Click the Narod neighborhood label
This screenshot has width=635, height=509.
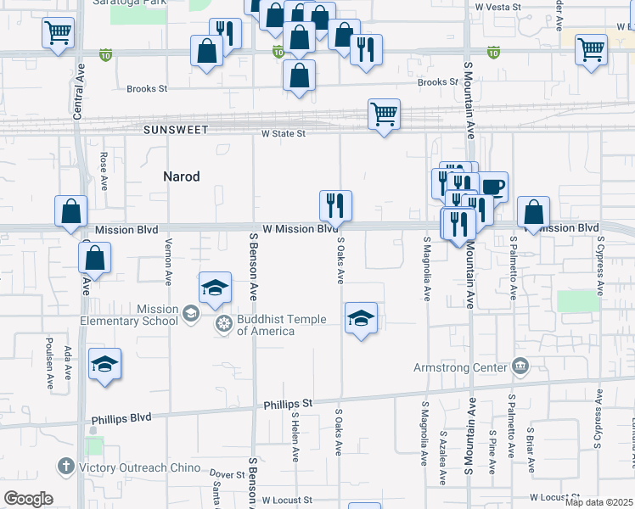tap(182, 176)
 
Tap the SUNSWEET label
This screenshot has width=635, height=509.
tap(176, 131)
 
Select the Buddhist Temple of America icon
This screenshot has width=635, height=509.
tap(225, 323)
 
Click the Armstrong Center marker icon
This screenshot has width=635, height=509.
tap(520, 367)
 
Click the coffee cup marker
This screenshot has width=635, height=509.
tap(493, 187)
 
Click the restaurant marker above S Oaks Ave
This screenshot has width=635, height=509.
tap(335, 204)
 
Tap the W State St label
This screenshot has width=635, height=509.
tap(283, 133)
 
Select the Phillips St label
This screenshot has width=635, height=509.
tap(288, 403)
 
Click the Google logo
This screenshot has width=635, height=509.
tap(28, 499)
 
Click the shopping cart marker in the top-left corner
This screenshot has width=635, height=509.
tap(58, 33)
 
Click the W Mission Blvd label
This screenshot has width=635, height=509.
tap(301, 229)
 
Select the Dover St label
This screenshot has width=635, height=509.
tap(227, 474)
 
